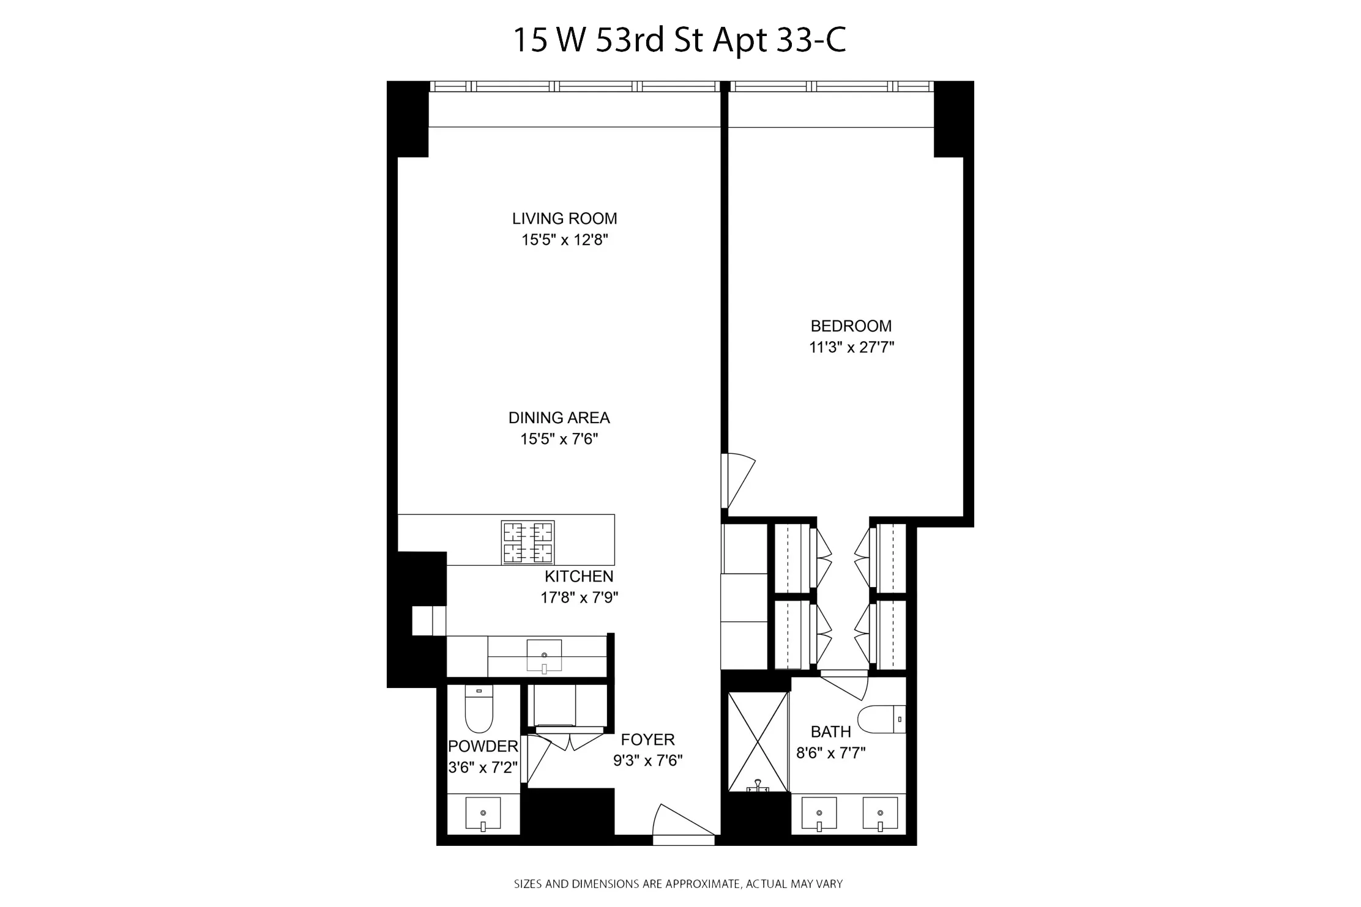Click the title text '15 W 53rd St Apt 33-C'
pyautogui.click(x=679, y=40)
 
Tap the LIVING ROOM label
pyautogui.click(x=564, y=218)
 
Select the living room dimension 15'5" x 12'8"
pyautogui.click(x=564, y=240)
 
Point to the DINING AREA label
pyautogui.click(x=559, y=418)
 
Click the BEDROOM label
pyautogui.click(x=851, y=326)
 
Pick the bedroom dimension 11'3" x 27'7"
pyautogui.click(x=851, y=347)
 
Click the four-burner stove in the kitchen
pyautogui.click(x=528, y=542)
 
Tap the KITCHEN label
pyautogui.click(x=579, y=576)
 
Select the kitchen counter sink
pyautogui.click(x=544, y=656)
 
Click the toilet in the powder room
pyautogui.click(x=479, y=709)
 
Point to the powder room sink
pyautogui.click(x=483, y=814)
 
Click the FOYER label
pyautogui.click(x=647, y=739)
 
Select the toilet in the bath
pyautogui.click(x=881, y=720)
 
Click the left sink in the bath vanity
pyautogui.click(x=819, y=814)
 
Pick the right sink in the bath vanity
pyautogui.click(x=880, y=814)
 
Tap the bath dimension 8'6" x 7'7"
pyautogui.click(x=830, y=753)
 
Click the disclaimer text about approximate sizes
pyautogui.click(x=678, y=884)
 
